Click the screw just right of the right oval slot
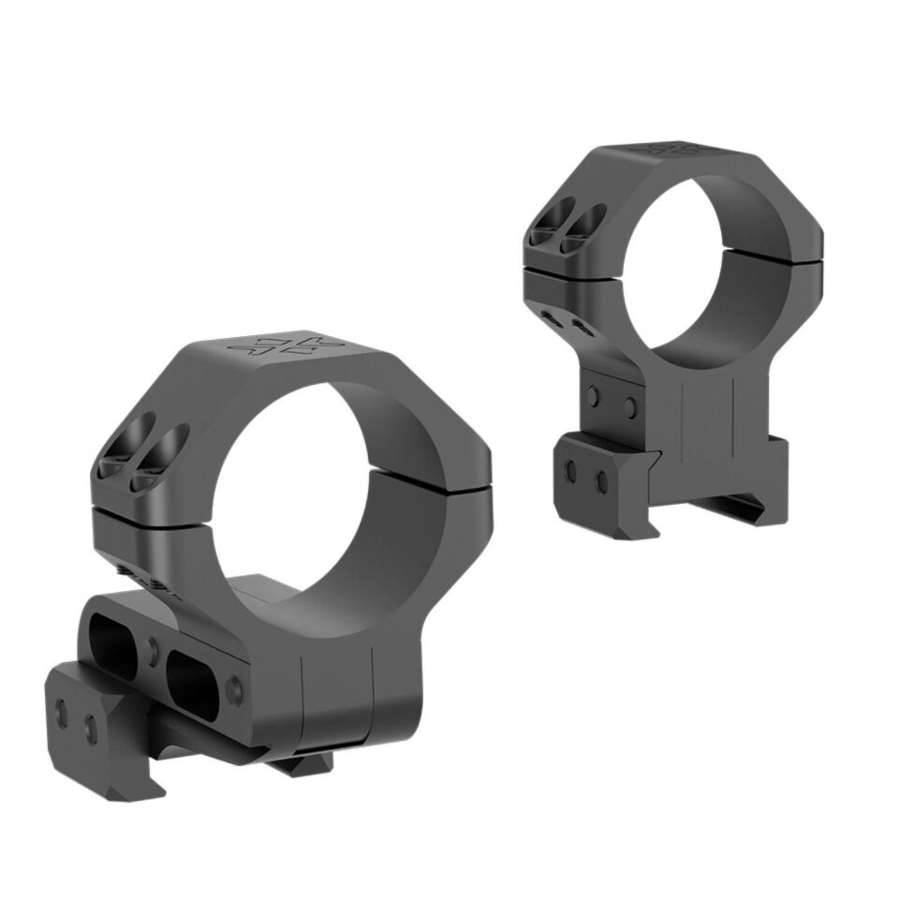(x=235, y=690)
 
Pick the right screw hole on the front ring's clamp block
(x=92, y=727)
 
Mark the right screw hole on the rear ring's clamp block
(x=600, y=481)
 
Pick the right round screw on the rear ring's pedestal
(x=630, y=406)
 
